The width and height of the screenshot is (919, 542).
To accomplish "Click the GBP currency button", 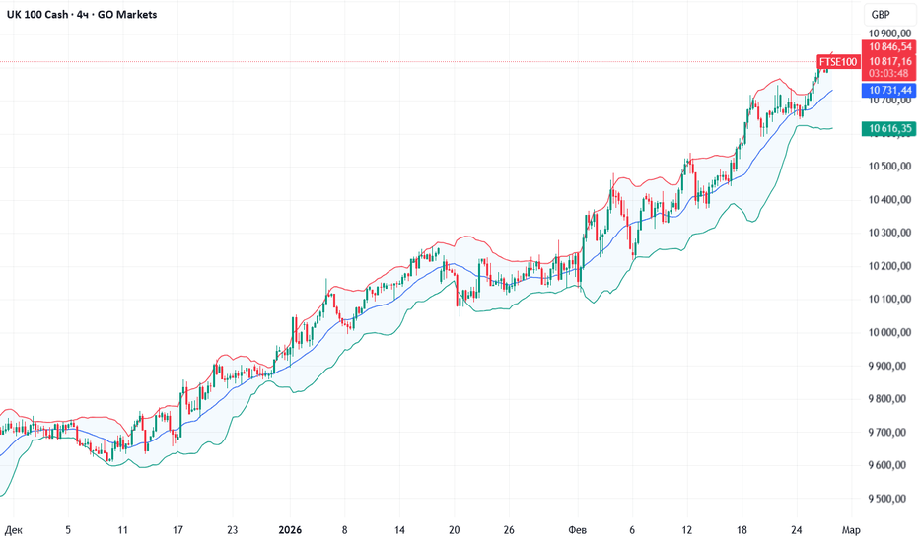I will [880, 15].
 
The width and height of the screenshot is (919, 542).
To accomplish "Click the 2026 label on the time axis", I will [290, 529].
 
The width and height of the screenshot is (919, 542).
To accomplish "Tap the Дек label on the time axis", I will [14, 529].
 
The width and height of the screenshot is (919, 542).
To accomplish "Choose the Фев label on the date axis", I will [576, 529].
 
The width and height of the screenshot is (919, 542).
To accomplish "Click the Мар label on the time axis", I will [851, 529].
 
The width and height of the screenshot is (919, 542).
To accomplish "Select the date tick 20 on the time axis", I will [454, 529].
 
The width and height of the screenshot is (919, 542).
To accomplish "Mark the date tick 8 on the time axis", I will [344, 529].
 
